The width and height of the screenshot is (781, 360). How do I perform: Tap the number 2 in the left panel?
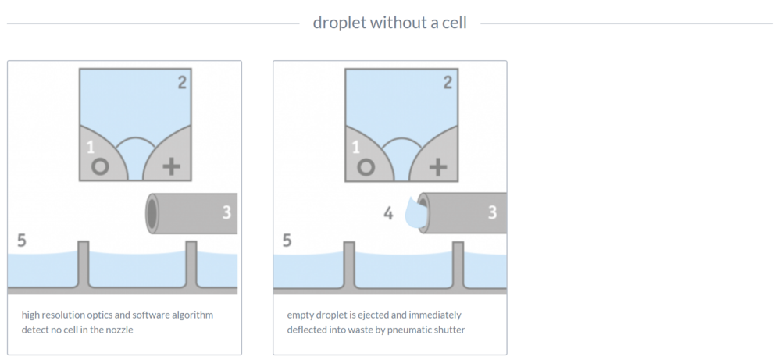(182, 82)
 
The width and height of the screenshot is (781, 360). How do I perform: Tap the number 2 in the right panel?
(448, 82)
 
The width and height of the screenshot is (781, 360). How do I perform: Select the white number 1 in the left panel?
(90, 148)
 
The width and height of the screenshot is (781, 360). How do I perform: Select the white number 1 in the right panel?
(355, 148)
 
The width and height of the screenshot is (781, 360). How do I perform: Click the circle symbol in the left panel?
(100, 167)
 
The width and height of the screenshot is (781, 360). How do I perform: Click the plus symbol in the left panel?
(171, 167)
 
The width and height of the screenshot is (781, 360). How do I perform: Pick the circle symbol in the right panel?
(366, 167)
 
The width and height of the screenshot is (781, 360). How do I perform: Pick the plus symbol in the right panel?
(438, 167)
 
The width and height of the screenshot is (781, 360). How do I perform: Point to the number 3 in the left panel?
(226, 212)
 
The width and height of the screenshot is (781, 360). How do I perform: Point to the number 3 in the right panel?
(492, 212)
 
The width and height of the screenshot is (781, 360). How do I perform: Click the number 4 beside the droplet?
(388, 214)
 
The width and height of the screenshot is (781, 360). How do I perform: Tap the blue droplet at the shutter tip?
(415, 213)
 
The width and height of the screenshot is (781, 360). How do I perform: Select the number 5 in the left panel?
(21, 241)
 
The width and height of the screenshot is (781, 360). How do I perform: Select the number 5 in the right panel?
(287, 241)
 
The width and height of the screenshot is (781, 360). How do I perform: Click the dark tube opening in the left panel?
(152, 213)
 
